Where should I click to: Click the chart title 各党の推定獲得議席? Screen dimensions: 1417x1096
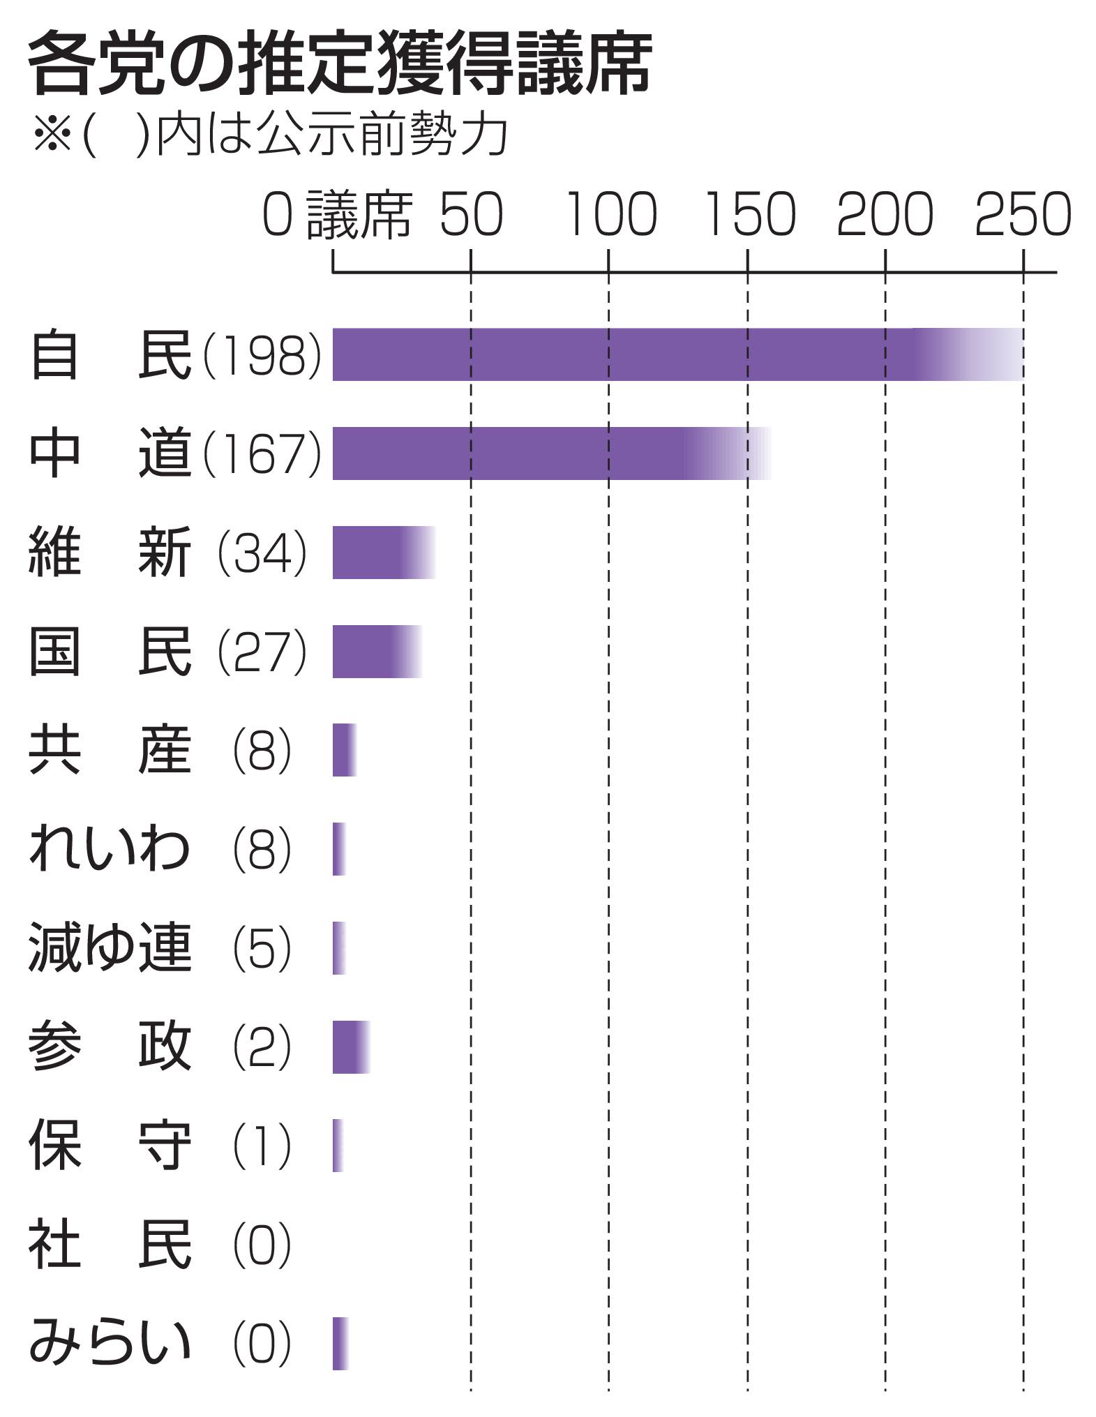(340, 65)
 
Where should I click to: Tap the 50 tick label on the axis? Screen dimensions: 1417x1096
(471, 214)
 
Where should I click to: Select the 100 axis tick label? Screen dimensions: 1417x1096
(610, 214)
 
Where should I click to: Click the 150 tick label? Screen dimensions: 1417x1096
(749, 214)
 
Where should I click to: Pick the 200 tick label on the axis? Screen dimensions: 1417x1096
(885, 214)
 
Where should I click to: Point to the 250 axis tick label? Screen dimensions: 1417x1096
(1023, 214)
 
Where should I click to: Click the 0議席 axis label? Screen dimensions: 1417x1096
(337, 214)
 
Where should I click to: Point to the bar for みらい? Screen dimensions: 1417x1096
(340, 1344)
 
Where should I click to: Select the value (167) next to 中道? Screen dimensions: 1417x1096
(262, 454)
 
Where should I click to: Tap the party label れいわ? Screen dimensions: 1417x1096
(110, 850)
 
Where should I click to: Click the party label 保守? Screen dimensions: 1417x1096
(110, 1146)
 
